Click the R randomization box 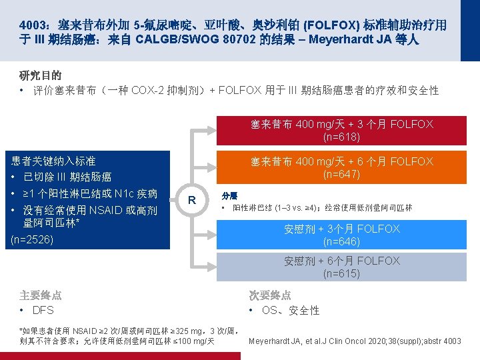coord(191,201)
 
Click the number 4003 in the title coord(32,25)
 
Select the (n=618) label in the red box coord(342,137)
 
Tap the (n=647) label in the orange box coord(342,175)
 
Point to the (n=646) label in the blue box coord(342,241)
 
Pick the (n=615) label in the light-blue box coord(342,273)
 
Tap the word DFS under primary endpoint coord(43,311)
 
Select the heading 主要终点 coord(41,295)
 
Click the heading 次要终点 coord(270,295)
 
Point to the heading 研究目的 coord(41,75)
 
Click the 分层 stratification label coord(229,196)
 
